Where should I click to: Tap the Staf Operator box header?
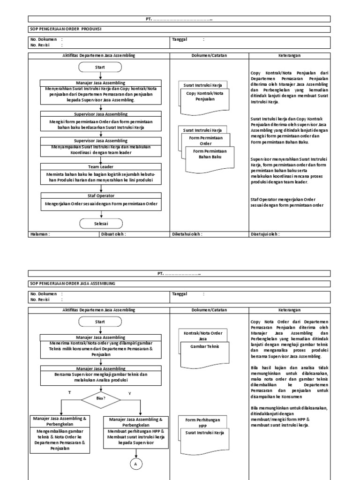101,195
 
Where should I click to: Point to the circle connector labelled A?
136,464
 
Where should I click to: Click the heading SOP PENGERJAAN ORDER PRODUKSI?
66,29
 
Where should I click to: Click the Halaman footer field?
40,234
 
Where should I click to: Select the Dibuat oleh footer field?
113,234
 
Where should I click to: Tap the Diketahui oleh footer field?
187,234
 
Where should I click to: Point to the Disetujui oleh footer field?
265,234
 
